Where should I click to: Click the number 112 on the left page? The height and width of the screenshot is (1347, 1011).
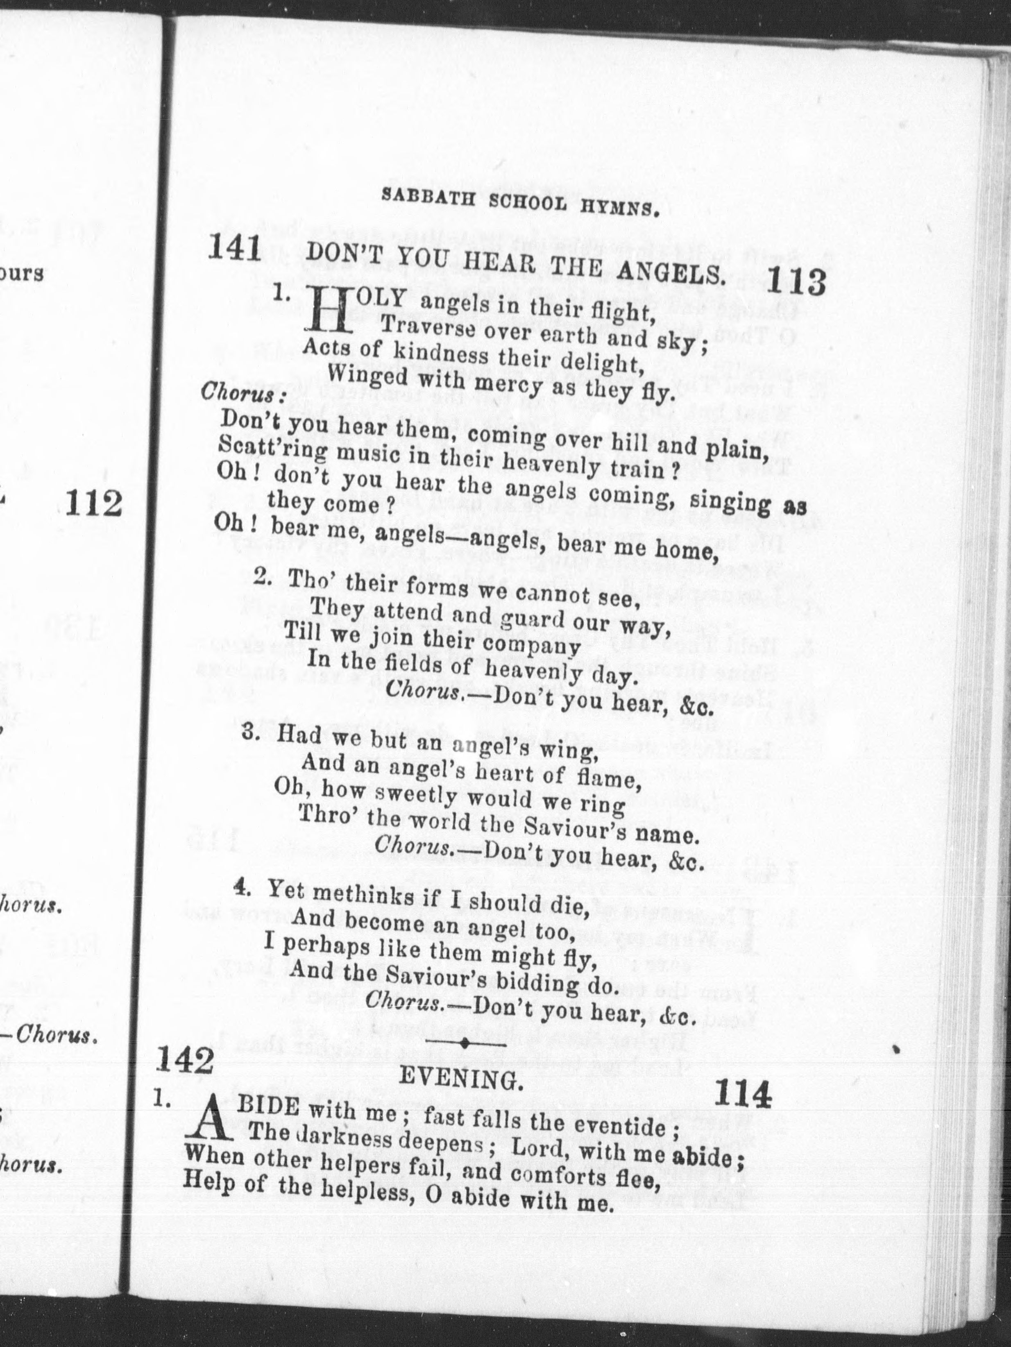93,505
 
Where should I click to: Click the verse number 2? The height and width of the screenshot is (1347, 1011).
263,576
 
